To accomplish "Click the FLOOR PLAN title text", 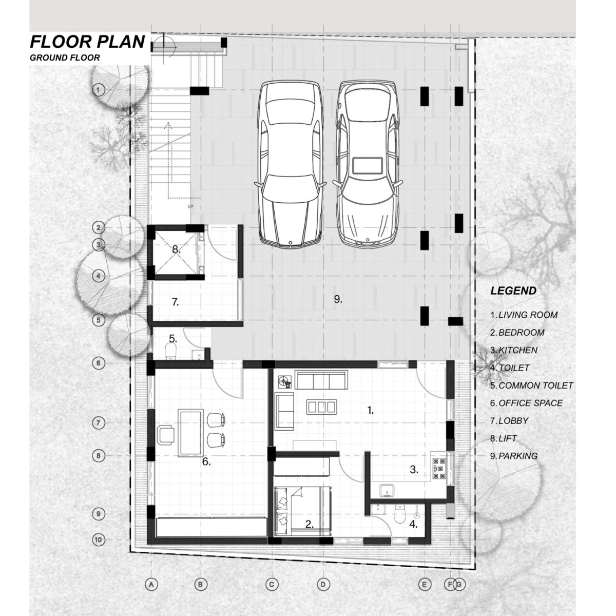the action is coord(87,42).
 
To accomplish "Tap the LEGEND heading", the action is coord(513,291).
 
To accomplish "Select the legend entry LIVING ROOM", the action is coord(528,315).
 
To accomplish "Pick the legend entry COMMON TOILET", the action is coord(536,386).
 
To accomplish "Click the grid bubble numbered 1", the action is coord(99,90).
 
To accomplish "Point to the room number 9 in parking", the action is coord(338,299).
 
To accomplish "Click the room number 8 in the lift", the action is coord(176,249).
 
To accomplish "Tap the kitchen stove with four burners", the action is coord(439,469).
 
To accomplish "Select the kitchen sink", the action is coord(388,490).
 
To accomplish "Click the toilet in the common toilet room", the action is coord(171,351).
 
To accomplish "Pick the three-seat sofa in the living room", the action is coord(321,380).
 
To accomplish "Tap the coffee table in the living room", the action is coord(321,407).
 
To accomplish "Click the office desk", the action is coord(190,432).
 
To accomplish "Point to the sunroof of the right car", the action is coord(368,165).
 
